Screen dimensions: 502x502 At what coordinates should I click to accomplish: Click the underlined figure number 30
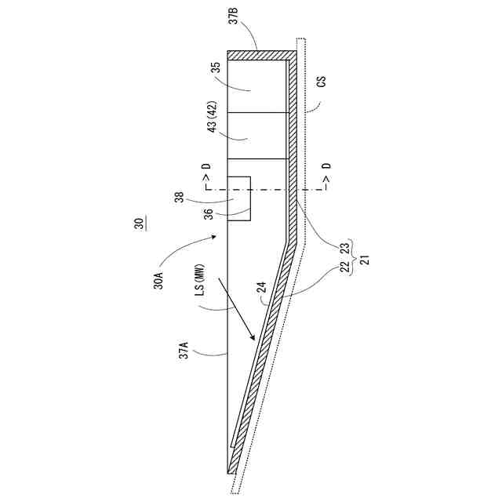tap(138, 224)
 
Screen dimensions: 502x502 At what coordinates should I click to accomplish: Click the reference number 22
tap(344, 268)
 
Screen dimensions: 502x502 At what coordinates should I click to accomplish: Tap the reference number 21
tap(362, 258)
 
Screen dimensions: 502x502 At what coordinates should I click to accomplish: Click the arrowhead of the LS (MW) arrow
tap(253, 339)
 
